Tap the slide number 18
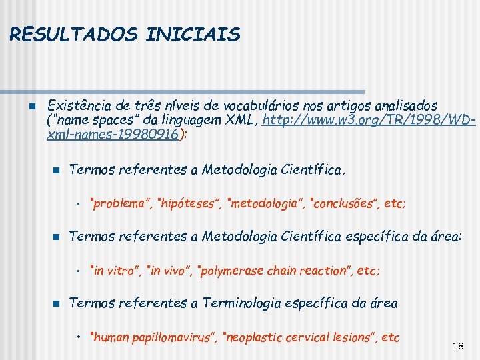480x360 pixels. [x=457, y=346]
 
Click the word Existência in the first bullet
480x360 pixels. [x=79, y=106]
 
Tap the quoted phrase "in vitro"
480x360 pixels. [x=116, y=271]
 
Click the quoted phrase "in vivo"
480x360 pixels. [x=170, y=271]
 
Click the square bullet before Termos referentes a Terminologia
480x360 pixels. [x=57, y=303]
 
